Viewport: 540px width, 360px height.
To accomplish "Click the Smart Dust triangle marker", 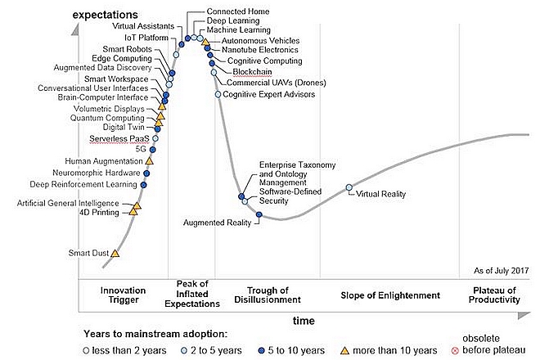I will click(115, 254).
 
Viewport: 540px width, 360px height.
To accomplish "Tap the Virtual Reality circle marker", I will click(349, 188).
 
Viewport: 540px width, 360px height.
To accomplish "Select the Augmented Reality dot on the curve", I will click(259, 215).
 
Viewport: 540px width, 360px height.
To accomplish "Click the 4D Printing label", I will click(102, 212).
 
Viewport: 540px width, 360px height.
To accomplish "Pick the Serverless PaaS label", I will click(119, 139).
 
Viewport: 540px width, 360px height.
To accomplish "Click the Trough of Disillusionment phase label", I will click(267, 295).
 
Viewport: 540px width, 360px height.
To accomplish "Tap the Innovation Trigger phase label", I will click(123, 295).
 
